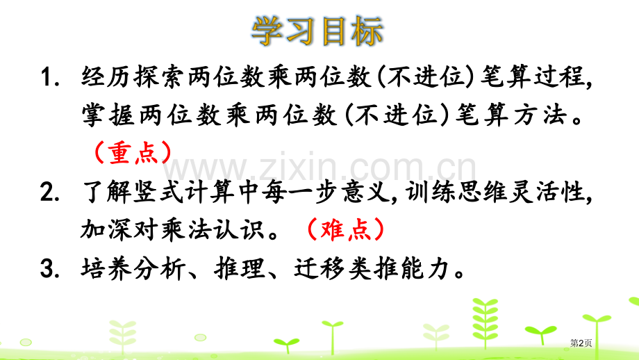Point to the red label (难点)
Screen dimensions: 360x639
[344, 230]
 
